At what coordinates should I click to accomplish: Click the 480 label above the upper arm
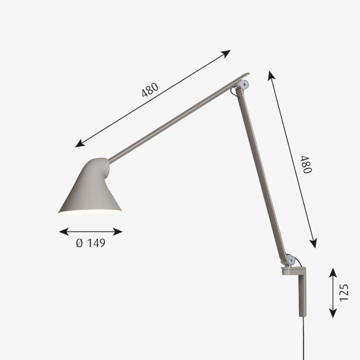(x=150, y=89)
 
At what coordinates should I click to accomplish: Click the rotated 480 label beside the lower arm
(x=307, y=165)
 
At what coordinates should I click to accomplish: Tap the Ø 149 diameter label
(x=91, y=243)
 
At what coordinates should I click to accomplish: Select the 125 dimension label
(x=344, y=293)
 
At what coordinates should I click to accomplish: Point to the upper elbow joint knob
(x=244, y=84)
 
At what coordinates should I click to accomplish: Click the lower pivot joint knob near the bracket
(x=291, y=260)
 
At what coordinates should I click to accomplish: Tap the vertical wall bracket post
(x=302, y=295)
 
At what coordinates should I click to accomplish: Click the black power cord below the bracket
(x=304, y=338)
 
